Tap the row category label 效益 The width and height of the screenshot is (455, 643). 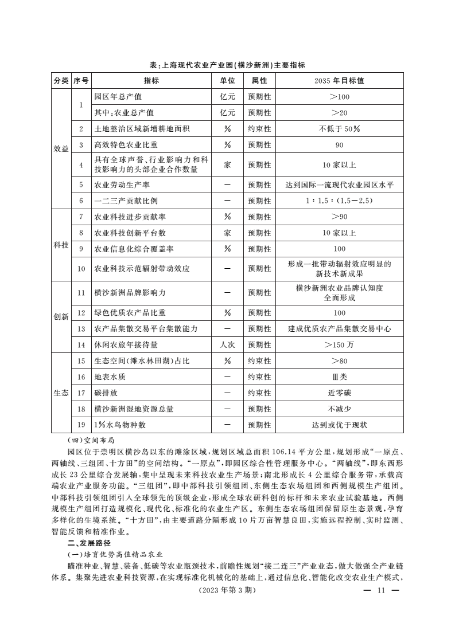point(61,148)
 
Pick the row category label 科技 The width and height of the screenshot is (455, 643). point(61,245)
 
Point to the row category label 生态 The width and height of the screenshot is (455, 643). point(61,393)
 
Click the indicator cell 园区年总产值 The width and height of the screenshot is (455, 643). point(118,97)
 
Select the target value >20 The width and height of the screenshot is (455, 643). point(339,113)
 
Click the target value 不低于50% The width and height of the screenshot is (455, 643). point(339,129)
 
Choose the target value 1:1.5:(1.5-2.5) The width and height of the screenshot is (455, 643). point(339,201)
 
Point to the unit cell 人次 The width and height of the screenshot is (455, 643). point(228,345)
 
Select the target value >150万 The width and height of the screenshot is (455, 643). point(339,345)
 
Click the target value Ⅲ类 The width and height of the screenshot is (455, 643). point(339,377)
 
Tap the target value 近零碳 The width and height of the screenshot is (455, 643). point(339,393)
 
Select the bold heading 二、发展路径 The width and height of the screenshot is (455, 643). point(88,543)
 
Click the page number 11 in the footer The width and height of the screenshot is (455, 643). point(379,591)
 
